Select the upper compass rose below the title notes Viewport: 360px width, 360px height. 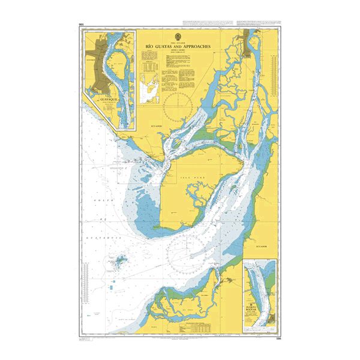tap(178, 103)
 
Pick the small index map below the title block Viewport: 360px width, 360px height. tap(149, 89)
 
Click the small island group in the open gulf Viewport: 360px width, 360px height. tap(120, 262)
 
